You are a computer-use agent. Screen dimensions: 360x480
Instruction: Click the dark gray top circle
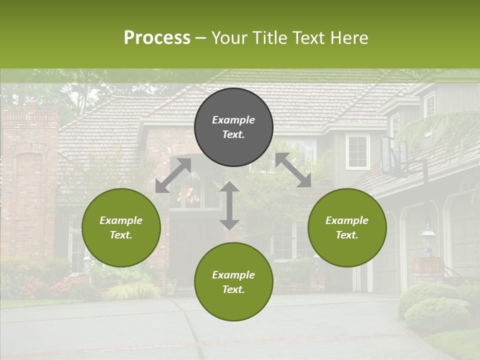tap(233, 127)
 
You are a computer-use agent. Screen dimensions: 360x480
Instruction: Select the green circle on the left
tap(121, 228)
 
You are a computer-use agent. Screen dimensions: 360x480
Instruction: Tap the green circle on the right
tap(347, 228)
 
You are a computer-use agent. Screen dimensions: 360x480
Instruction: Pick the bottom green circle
tap(233, 282)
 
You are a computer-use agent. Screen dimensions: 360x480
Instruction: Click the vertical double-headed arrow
tap(229, 205)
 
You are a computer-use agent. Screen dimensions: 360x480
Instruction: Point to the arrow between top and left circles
tap(173, 175)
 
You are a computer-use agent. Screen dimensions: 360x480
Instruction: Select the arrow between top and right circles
tap(293, 170)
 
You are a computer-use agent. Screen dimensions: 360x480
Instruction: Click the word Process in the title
tap(157, 37)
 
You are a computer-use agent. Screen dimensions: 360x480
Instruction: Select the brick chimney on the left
tap(30, 175)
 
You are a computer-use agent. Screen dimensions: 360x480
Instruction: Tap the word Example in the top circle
tap(233, 120)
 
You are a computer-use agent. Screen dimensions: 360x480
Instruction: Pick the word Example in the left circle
tap(121, 220)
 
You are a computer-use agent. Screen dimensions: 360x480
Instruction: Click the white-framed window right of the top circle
tap(357, 151)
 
